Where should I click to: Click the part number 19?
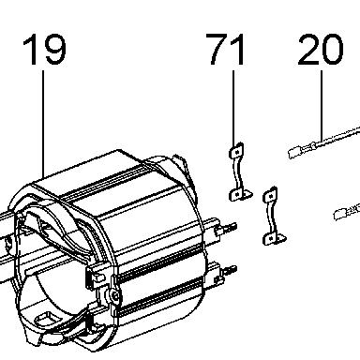[x=45, y=50]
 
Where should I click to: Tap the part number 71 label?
[x=227, y=49]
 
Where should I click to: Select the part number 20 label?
[x=321, y=50]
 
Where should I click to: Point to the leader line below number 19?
[x=43, y=124]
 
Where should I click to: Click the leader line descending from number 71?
[x=232, y=109]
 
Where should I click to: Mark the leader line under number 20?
[x=322, y=107]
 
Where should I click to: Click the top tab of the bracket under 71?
[x=237, y=151]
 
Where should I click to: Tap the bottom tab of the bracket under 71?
[x=241, y=195]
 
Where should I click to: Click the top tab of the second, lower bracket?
[x=271, y=195]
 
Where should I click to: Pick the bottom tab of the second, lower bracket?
[x=274, y=238]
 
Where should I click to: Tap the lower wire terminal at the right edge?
[x=341, y=214]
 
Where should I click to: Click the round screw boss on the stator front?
[x=114, y=294]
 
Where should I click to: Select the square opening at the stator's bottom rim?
[x=46, y=320]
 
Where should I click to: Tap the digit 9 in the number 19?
[x=54, y=50]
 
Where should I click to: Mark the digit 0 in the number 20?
[x=332, y=50]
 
